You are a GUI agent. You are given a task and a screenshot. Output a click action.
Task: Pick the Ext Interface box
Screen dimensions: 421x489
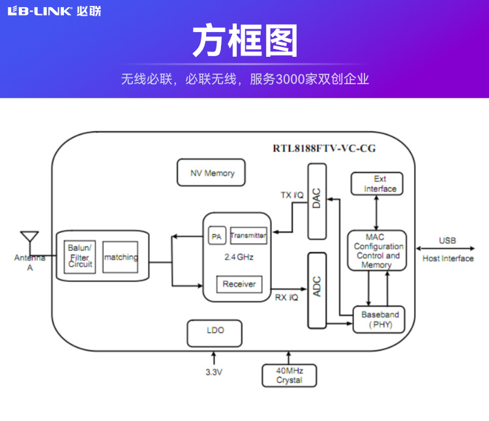377,184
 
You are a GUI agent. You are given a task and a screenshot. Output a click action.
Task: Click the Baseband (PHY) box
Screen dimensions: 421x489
380,319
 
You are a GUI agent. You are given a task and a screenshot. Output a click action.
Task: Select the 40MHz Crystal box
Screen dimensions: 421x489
289,376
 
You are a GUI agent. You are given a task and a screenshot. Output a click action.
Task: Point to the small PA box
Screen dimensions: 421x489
216,236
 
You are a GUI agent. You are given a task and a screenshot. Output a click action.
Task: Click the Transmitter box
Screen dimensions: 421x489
248,236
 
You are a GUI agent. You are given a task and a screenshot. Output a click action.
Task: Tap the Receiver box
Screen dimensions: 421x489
239,284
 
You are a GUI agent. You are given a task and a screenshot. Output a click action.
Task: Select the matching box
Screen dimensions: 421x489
121,257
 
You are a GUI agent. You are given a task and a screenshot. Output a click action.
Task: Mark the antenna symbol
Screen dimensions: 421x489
29,238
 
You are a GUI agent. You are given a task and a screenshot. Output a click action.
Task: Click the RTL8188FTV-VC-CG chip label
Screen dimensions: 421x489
324,149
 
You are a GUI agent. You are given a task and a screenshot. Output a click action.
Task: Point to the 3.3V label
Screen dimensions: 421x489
214,372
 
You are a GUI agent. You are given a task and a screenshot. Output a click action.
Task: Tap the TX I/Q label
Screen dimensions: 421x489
292,195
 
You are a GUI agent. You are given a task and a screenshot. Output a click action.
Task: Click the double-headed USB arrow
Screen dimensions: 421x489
447,249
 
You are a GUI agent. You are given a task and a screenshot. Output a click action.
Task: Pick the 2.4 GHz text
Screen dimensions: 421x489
238,257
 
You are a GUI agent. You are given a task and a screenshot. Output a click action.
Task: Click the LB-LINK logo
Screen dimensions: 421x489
54,11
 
